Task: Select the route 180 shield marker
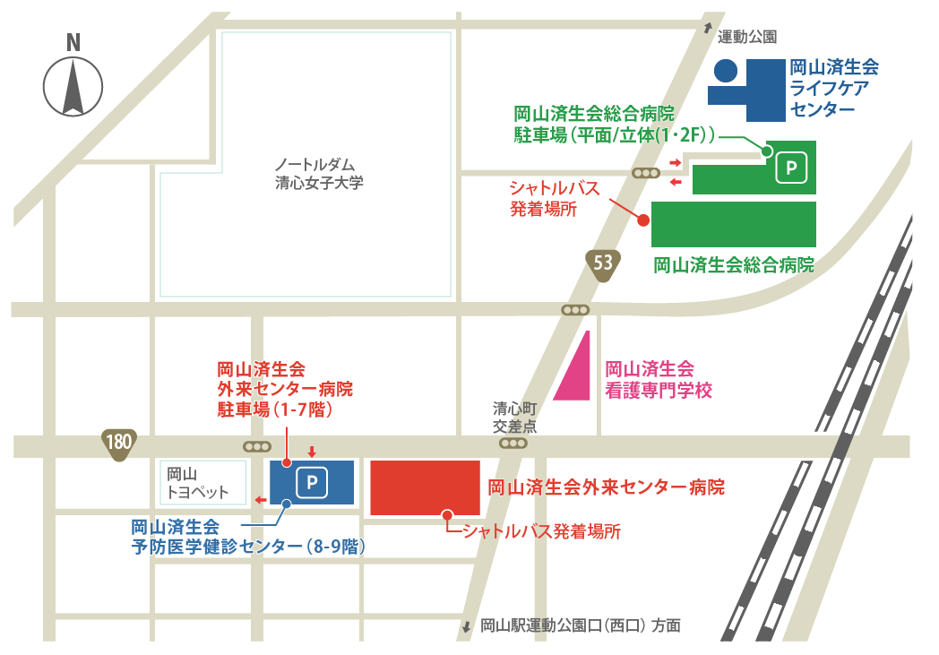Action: coord(118,443)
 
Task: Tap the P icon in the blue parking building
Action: coord(312,484)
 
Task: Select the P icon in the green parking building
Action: coord(789,167)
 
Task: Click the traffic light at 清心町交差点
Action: coord(513,444)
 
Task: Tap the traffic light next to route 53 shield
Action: coord(575,310)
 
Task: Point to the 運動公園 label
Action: coord(746,37)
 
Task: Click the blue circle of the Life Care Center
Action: coord(725,70)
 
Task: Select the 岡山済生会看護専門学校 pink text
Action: coord(658,379)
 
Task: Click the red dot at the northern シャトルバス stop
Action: coord(642,220)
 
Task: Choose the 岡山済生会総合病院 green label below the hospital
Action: coord(733,265)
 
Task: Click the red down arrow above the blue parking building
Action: coord(312,451)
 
